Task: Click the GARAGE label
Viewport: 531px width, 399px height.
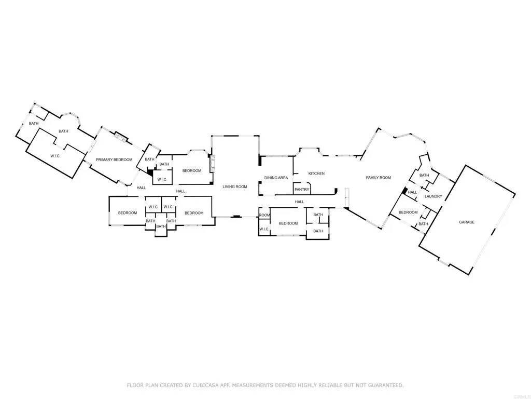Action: coord(467,222)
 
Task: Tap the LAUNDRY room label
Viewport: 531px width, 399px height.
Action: coord(433,196)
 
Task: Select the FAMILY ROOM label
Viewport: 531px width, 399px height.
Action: coord(378,178)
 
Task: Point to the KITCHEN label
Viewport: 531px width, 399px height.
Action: coord(316,174)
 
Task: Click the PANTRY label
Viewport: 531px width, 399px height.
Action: coord(302,190)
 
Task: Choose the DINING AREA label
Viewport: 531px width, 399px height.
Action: coord(276,178)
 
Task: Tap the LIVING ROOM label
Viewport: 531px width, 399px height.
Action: coord(235,187)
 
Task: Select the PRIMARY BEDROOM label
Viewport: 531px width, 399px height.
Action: coord(114,159)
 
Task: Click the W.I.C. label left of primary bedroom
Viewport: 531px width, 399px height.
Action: coord(56,156)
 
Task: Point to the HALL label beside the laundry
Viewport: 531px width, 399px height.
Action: coord(412,193)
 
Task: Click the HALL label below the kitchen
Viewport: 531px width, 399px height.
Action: coord(299,202)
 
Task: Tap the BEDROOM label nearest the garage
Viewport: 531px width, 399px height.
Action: coord(408,212)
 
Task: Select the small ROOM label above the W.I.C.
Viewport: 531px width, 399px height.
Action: coord(264,215)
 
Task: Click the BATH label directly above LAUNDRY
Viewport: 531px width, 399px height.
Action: coord(424,175)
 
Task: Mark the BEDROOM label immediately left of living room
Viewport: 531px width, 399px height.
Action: coord(191,170)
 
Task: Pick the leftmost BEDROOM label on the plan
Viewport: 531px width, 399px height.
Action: coord(128,213)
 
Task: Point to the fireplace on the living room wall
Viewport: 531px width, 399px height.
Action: coord(211,164)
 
